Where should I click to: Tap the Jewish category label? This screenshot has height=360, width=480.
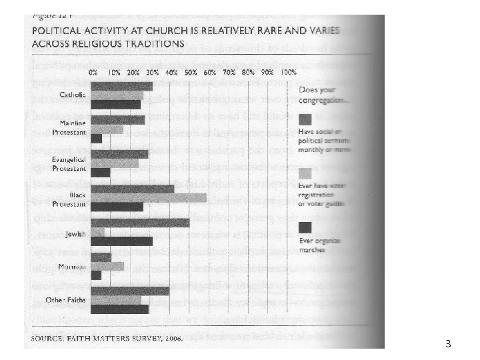75,233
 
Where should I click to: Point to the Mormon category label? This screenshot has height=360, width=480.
72,267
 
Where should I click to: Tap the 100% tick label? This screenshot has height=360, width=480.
289,72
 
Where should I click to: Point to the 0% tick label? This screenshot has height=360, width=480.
93,72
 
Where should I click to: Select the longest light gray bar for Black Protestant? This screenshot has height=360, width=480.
149,198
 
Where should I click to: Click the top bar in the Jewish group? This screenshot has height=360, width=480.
140,223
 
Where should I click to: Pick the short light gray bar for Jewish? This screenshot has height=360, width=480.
97,232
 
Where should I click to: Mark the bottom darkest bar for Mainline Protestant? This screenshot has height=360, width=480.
97,139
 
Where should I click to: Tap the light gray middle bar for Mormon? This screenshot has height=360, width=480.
108,267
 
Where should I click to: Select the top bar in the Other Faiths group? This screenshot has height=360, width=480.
130,291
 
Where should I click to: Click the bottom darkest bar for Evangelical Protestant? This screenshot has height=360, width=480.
101,173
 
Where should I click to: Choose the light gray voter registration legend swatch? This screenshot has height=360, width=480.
305,173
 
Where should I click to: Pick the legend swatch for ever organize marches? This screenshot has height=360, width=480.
305,229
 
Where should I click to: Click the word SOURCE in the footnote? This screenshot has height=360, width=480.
46,337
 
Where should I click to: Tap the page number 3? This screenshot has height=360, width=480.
448,345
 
